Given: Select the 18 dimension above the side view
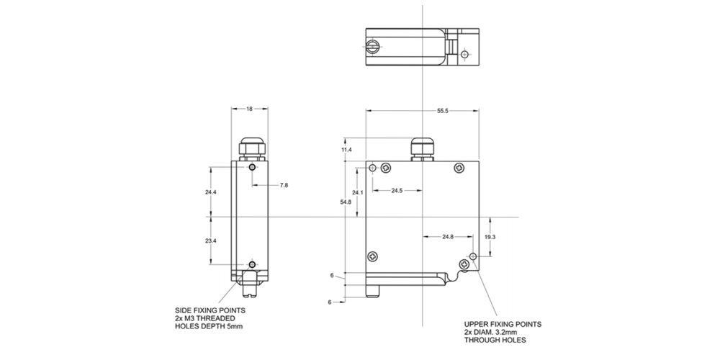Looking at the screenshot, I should pyautogui.click(x=249, y=109).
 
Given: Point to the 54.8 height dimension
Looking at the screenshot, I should pyautogui.click(x=346, y=202).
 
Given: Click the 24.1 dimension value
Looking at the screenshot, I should pyautogui.click(x=357, y=193).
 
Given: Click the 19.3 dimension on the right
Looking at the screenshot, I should pyautogui.click(x=491, y=236).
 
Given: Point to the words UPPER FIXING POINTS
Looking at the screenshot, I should pyautogui.click(x=503, y=324).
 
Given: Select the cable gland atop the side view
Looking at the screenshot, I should pyautogui.click(x=251, y=148).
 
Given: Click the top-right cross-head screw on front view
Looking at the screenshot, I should pyautogui.click(x=460, y=168).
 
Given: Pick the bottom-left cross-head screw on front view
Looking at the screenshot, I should pyautogui.click(x=373, y=256).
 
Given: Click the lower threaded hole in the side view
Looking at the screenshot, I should pyautogui.click(x=251, y=264).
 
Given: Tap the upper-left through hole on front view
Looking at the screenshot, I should pyautogui.click(x=372, y=168).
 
